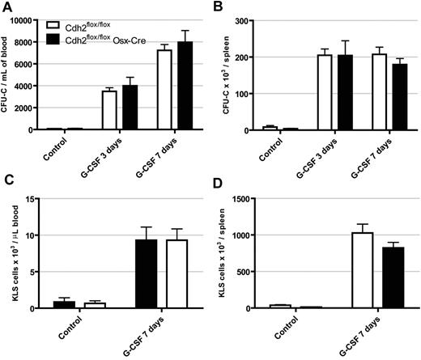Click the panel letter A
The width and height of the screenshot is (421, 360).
coord(7,9)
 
